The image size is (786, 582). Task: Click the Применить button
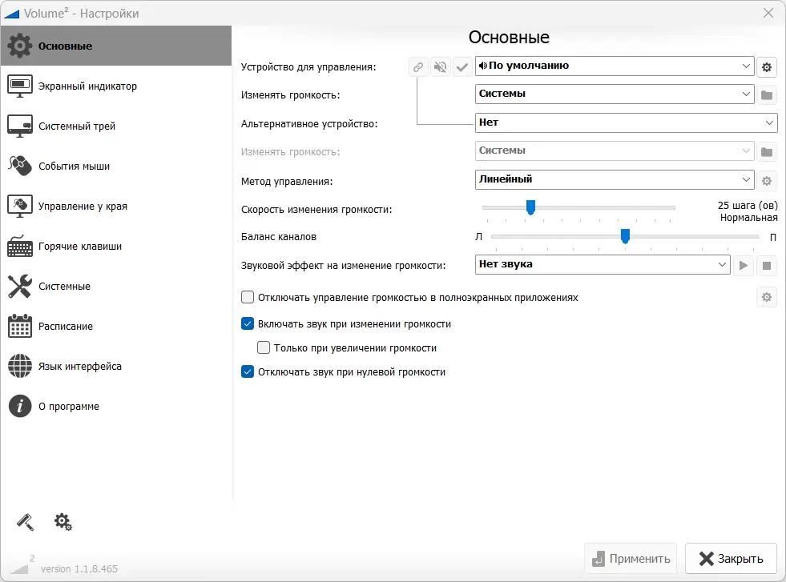[631, 559]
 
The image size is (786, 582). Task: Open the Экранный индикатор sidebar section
[87, 86]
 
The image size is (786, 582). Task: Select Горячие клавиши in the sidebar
[80, 247]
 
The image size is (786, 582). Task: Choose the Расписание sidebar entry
[66, 327]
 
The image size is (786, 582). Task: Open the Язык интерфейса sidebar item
[80, 367]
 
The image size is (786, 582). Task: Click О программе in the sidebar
[69, 407]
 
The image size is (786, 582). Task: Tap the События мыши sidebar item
[74, 167]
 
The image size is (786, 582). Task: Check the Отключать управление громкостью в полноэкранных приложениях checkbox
[248, 298]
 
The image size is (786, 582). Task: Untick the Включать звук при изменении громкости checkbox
[248, 324]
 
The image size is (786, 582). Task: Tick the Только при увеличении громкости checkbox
[264, 348]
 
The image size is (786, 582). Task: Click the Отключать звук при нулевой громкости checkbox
[248, 372]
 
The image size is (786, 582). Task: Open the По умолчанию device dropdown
[614, 66]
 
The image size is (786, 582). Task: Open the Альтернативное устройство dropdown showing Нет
[625, 123]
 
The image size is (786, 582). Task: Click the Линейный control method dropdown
[614, 179]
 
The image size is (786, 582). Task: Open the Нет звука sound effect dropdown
[602, 264]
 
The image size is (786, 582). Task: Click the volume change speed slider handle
[530, 207]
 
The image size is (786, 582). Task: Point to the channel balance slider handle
[625, 236]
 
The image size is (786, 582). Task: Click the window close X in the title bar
[768, 13]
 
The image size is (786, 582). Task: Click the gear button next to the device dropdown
[767, 67]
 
